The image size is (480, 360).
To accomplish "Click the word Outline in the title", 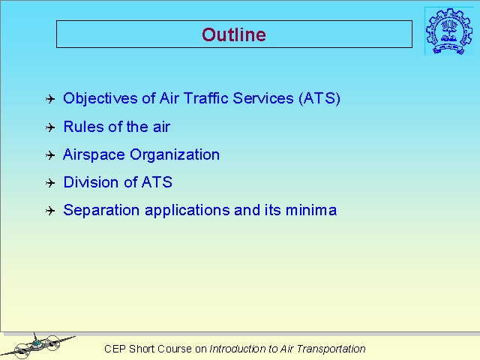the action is pyautogui.click(x=234, y=34).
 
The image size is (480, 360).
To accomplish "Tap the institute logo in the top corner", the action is pyautogui.click(x=449, y=31).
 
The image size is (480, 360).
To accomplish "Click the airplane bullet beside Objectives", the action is pyautogui.click(x=50, y=99).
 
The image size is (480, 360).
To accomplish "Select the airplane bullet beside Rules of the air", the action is pyautogui.click(x=50, y=127).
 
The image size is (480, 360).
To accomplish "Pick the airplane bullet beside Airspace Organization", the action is pyautogui.click(x=50, y=155).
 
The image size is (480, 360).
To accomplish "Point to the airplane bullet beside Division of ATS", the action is pyautogui.click(x=50, y=183).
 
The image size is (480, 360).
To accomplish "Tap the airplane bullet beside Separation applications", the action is pyautogui.click(x=50, y=211).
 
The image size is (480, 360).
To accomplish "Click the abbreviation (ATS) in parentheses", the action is pyautogui.click(x=319, y=98).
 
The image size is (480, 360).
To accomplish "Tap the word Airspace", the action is pyautogui.click(x=94, y=155).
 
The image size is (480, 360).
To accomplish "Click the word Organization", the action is pyautogui.click(x=175, y=155).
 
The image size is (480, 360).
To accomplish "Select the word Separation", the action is pyautogui.click(x=101, y=210).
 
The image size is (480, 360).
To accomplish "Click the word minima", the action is pyautogui.click(x=311, y=210).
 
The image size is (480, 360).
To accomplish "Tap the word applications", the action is pyautogui.click(x=187, y=211).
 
